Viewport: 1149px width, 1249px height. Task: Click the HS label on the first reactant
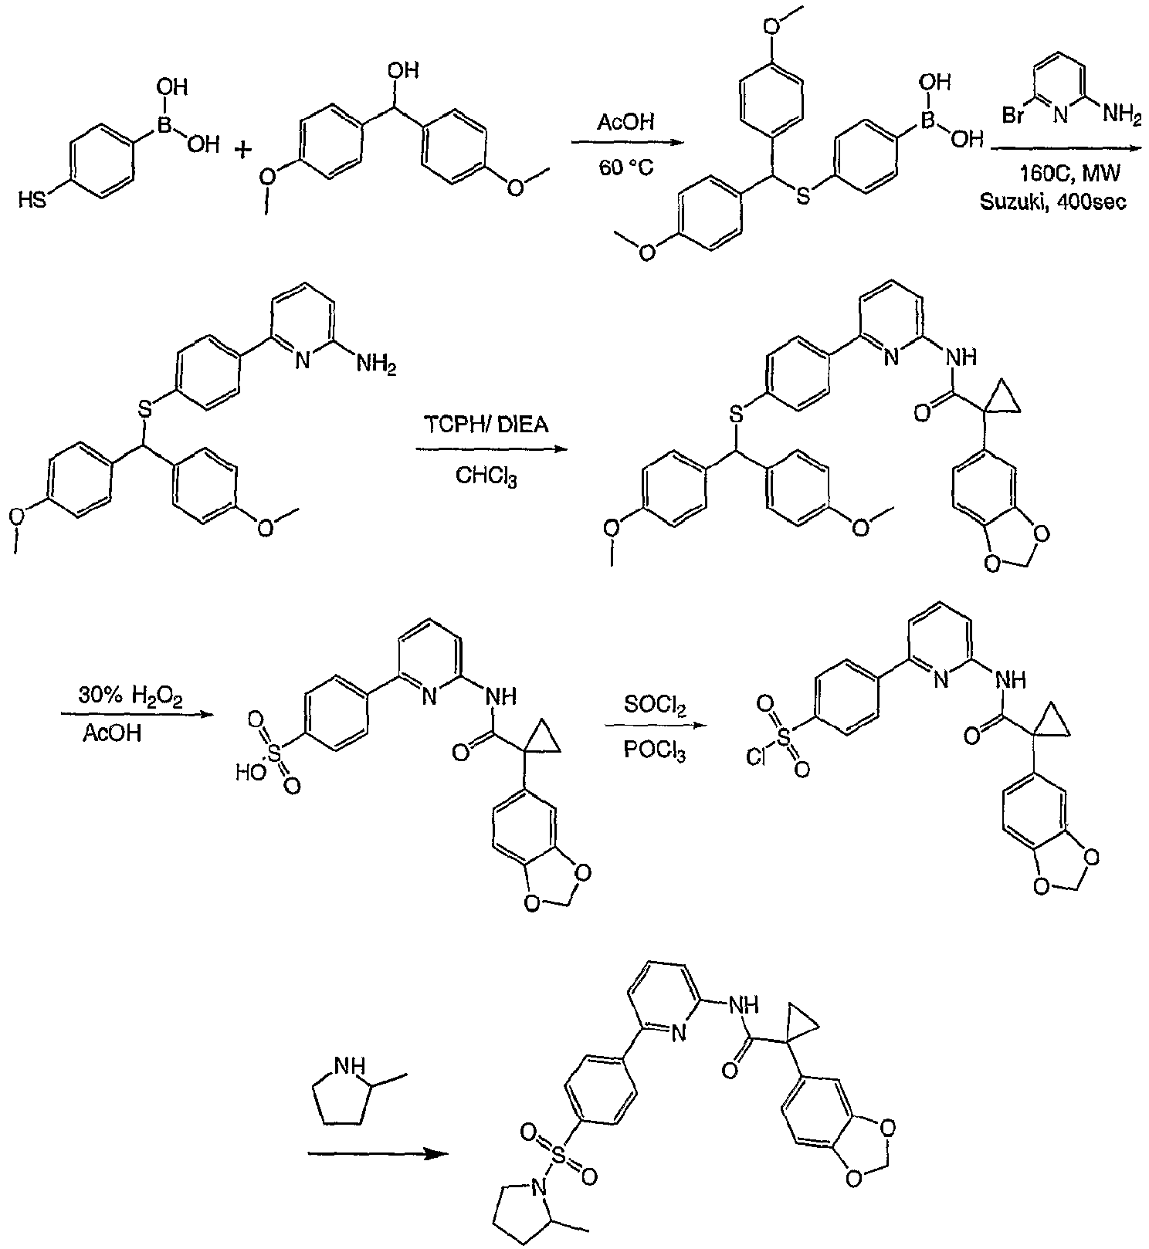(32, 202)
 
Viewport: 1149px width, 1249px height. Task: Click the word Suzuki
(1009, 202)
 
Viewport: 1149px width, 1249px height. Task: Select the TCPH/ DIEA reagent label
(486, 425)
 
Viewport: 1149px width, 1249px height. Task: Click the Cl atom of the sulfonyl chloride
(756, 758)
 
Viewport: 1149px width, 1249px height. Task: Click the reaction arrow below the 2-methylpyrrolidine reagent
(378, 1154)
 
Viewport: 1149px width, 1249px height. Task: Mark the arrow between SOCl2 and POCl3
(656, 726)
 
